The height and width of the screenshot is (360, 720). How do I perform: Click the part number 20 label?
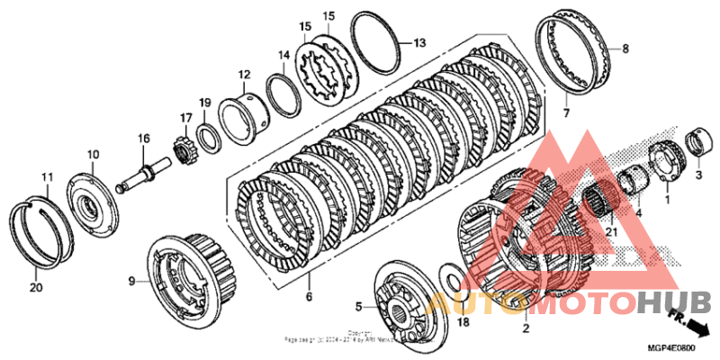coord(35,288)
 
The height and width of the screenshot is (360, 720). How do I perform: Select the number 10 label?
coord(93,155)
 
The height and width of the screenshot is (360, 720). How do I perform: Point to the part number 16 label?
coord(143,138)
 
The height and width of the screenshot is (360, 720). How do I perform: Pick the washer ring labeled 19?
coord(206,138)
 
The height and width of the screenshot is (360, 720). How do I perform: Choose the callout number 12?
coord(243,74)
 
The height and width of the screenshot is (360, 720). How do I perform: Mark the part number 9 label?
coord(131,282)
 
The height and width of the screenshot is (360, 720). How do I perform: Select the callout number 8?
coord(625,49)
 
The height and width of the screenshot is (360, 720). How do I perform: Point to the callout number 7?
coord(567,113)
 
